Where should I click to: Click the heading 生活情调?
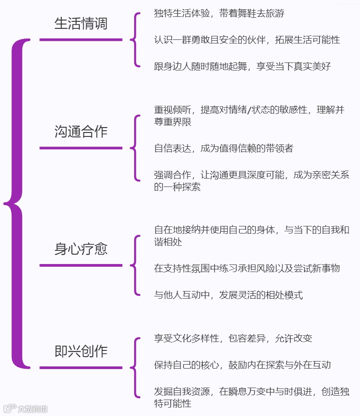pos(81,23)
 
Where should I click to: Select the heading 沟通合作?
pos(81,132)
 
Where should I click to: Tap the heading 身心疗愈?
pos(81,249)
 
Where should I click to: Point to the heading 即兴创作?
pos(81,351)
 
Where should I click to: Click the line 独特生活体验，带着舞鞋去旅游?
pos(219,13)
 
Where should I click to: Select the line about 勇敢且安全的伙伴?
pos(247,40)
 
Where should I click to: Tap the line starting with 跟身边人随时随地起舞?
pos(242,66)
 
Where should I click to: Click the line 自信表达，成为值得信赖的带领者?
pos(223,148)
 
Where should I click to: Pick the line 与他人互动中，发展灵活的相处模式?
pos(228,295)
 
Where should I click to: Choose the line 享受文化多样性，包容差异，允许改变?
pos(233,338)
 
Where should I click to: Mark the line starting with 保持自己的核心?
pos(242,365)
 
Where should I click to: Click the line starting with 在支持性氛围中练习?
pos(247,268)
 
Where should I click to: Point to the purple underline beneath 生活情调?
pos(81,40)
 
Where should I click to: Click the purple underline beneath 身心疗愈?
pos(81,265)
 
